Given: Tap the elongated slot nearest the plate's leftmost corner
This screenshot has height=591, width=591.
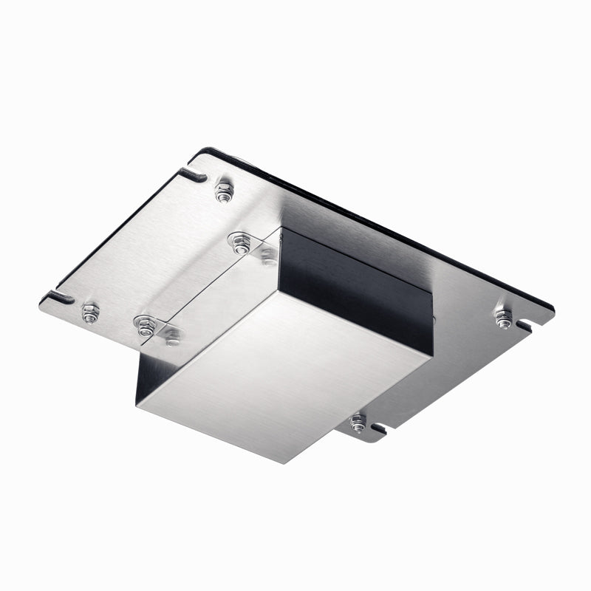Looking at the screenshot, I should coord(59,297).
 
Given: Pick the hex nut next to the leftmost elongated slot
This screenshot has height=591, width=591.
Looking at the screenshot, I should coord(90,313).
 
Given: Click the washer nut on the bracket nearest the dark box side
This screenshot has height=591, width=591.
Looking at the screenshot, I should coord(239,243).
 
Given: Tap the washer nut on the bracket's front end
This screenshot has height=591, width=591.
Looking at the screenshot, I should coord(145,325).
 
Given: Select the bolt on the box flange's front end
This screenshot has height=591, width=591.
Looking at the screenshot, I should coord(171,338).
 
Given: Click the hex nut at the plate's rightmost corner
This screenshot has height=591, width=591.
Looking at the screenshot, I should coord(503,318).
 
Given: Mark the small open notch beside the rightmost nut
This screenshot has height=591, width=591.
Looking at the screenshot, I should coord(525,325).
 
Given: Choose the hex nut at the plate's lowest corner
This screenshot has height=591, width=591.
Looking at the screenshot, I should coord(358,423).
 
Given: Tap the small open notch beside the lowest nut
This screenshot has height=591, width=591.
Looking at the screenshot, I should coord(378,428).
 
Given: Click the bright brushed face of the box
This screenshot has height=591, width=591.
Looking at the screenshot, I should coord(281,377).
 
